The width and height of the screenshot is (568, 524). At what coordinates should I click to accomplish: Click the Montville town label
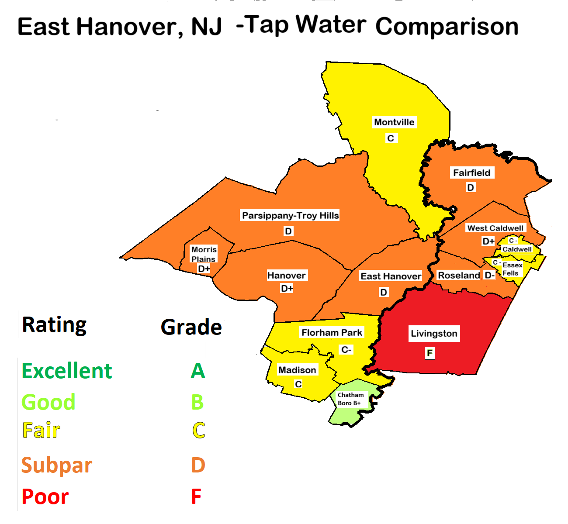point(394,122)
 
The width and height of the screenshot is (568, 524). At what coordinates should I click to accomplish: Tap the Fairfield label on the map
point(471,173)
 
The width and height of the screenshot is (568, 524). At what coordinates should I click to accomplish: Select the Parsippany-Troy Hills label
point(290,216)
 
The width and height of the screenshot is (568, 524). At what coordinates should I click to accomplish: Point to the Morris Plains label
point(204,254)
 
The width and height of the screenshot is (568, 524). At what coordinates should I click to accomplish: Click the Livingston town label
point(434,334)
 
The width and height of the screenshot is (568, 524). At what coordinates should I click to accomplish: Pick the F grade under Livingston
point(430,353)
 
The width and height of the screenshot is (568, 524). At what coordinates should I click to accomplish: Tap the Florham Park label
point(332,333)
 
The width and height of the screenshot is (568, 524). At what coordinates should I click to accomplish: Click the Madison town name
point(297,370)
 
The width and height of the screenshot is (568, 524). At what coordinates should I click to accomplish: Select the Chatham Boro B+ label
point(350,399)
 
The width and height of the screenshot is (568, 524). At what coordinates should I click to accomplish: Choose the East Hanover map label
point(391,276)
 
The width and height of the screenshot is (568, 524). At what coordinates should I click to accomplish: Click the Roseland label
point(459,276)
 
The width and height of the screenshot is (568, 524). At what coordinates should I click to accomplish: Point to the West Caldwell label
point(495,228)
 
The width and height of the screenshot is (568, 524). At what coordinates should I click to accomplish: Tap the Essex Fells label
point(512,269)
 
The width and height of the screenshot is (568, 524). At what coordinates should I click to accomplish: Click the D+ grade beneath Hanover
point(287,289)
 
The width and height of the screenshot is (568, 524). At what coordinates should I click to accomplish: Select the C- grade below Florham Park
point(346,350)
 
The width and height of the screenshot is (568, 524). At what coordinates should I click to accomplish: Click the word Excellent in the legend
point(67,371)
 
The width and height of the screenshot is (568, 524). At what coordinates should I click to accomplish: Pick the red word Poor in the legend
point(45,497)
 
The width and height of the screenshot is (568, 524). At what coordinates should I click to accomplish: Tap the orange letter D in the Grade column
point(198,465)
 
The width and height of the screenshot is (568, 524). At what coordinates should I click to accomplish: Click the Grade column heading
point(191,327)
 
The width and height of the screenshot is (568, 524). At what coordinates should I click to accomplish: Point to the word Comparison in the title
point(447,27)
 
